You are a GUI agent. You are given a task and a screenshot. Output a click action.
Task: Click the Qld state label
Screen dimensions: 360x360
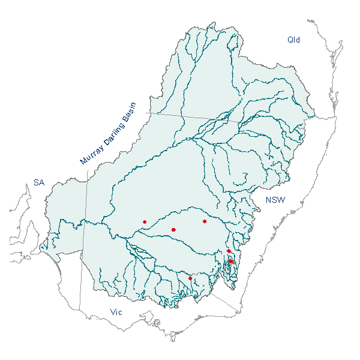click(x=293, y=40)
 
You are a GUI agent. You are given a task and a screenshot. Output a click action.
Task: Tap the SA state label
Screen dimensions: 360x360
click(x=39, y=182)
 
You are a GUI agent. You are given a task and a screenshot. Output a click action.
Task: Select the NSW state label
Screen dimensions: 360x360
click(x=276, y=200)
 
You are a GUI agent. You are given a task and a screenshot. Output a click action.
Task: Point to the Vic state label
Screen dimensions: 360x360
click(x=117, y=312)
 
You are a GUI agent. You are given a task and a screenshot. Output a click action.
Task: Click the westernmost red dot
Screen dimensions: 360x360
click(x=145, y=222)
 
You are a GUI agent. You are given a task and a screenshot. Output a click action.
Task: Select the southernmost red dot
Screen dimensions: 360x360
click(x=190, y=278)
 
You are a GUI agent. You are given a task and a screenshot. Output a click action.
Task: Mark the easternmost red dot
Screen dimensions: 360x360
click(x=231, y=261)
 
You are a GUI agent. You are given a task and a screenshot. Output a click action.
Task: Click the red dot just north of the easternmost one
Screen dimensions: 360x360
click(x=229, y=251)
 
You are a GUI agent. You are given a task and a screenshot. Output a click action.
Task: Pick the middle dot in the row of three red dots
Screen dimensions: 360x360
click(x=173, y=230)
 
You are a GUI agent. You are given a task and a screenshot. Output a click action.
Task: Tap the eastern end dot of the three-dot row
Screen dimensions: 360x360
click(x=205, y=221)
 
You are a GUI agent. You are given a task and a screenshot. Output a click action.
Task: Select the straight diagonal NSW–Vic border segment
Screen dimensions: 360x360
click(x=225, y=302)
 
